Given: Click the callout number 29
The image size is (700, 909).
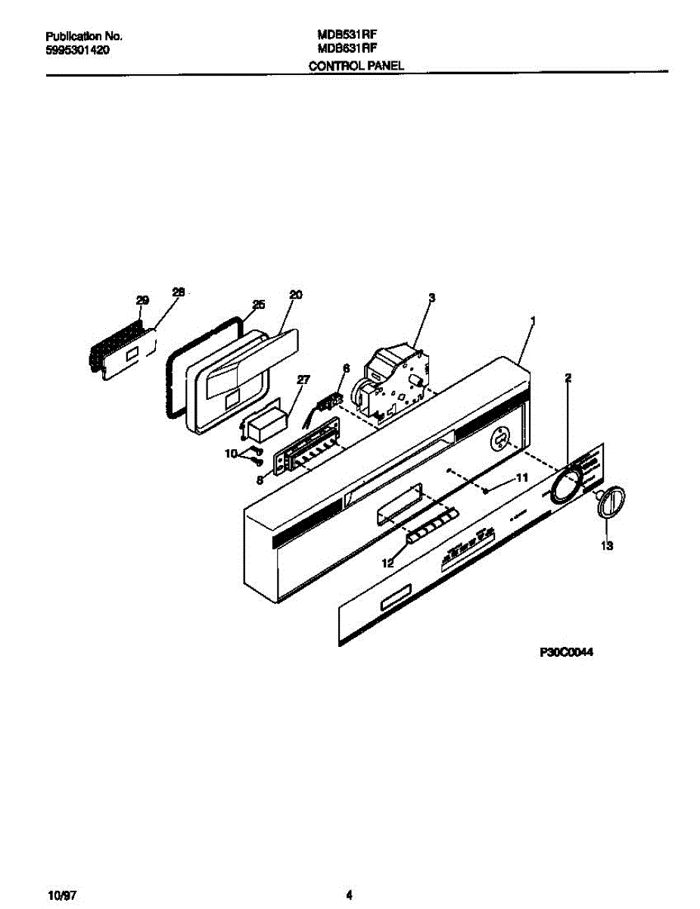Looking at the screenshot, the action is click(x=143, y=301).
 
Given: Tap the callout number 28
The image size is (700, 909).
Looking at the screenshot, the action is click(x=179, y=292).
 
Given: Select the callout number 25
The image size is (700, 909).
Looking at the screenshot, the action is click(x=258, y=305).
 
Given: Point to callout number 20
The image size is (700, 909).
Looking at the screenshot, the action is click(x=296, y=295).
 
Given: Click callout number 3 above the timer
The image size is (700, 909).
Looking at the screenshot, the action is click(x=431, y=298).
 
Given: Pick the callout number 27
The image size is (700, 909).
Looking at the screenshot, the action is click(x=303, y=380).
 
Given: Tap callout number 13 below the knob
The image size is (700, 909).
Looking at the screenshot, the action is click(x=606, y=545).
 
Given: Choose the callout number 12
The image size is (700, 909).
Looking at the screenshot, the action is click(x=387, y=563).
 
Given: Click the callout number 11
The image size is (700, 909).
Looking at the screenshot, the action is click(x=521, y=478).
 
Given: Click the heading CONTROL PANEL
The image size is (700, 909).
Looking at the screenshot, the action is click(x=356, y=66).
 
